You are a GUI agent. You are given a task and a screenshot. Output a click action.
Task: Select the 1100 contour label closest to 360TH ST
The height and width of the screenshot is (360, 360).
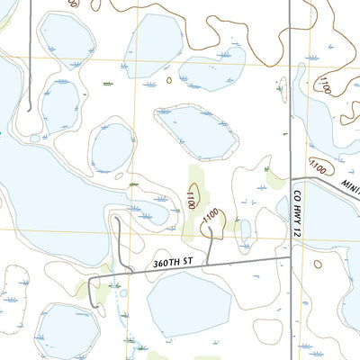[211, 217]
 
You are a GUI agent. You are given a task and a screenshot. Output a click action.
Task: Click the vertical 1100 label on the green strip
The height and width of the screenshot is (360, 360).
[191, 199]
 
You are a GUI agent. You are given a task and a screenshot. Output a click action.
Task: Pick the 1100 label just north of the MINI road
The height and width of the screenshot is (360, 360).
[317, 166]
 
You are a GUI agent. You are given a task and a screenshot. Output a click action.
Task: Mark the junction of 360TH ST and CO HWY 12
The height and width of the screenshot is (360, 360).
[290, 256]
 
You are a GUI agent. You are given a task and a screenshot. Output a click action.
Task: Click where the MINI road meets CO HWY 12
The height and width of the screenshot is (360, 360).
[290, 176]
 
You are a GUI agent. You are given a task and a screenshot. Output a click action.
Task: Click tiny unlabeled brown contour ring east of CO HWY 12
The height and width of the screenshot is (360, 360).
[317, 264]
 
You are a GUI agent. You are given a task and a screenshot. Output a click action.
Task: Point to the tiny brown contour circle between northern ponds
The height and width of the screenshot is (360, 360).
[168, 80]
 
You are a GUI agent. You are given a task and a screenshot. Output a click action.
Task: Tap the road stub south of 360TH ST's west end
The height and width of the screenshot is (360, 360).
[92, 292]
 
